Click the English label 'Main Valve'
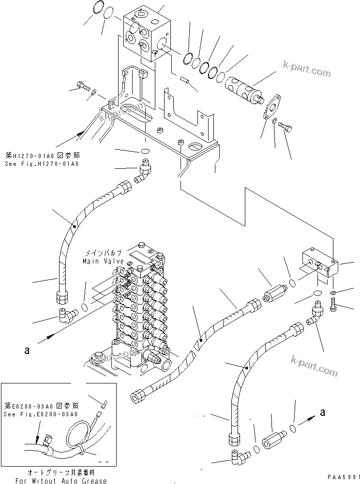click(x=103, y=261)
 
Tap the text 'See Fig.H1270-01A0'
click(x=42, y=164)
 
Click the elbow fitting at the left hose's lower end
click(x=66, y=315)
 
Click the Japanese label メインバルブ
click(x=104, y=253)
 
